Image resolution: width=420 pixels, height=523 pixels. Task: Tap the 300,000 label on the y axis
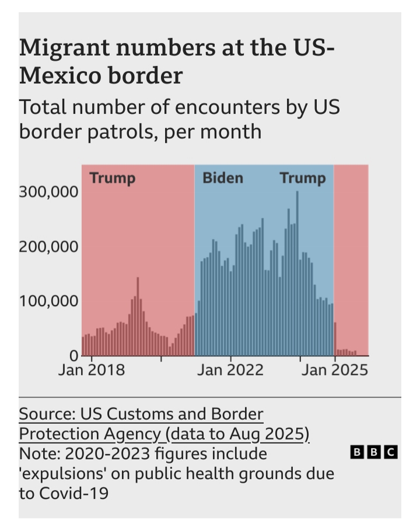click(x=48, y=192)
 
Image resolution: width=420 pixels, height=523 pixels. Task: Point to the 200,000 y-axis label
click(x=48, y=247)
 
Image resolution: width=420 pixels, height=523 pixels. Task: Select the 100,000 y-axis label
click(x=48, y=302)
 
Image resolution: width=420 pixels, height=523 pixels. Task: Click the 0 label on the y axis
click(x=74, y=355)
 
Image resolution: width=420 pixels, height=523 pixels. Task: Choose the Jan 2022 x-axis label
click(x=230, y=370)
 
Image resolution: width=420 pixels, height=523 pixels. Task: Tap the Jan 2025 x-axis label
click(x=334, y=370)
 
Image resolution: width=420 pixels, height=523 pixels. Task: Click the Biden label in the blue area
click(x=222, y=178)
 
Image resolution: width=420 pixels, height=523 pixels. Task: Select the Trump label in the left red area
click(x=112, y=178)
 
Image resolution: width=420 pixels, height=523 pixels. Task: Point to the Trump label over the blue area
click(x=302, y=178)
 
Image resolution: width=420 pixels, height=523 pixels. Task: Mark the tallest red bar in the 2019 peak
click(x=138, y=316)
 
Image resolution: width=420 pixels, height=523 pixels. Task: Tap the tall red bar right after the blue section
click(x=335, y=339)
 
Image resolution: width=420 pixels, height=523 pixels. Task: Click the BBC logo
click(x=373, y=451)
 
